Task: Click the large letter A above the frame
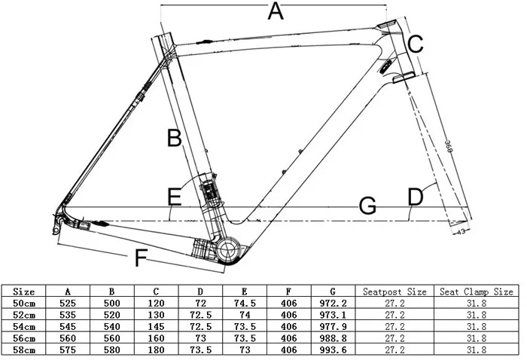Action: click(276, 12)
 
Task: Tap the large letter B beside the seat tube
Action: click(175, 139)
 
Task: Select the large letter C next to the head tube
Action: click(416, 44)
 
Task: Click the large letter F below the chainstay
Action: click(140, 258)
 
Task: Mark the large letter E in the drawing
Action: click(175, 198)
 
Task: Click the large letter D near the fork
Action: click(416, 197)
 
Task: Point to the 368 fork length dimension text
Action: click(446, 148)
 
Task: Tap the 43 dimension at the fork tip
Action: click(460, 232)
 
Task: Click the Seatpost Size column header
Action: click(394, 291)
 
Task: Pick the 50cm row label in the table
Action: click(25, 303)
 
